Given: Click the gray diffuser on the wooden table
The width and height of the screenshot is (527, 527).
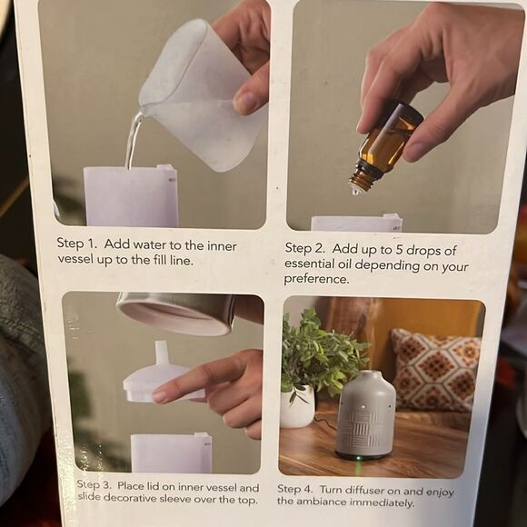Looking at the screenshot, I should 363,413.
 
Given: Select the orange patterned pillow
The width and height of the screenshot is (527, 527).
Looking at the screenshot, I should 434,371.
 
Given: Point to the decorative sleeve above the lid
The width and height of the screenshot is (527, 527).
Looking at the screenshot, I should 178,313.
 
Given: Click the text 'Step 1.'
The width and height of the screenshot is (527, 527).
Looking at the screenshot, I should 76,243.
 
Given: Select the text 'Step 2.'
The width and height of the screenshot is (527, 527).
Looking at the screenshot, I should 305,248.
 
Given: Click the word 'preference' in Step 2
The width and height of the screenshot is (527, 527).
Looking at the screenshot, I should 317,280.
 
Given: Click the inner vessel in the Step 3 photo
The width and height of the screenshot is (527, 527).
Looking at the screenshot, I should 171,452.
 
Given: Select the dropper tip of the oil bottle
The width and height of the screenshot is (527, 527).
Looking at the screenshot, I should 357,188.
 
